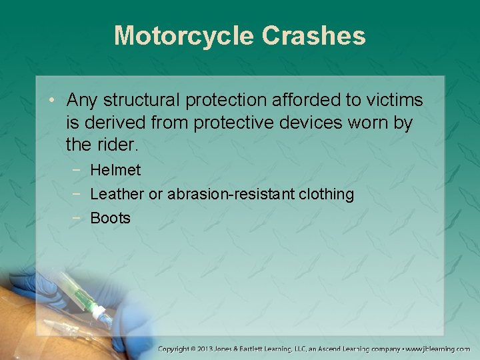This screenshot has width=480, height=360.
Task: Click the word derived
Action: tap(113, 123)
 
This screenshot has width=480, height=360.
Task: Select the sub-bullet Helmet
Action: tap(115, 170)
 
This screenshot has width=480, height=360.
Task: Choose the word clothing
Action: tap(327, 194)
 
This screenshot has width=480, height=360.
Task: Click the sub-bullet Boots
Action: tap(110, 218)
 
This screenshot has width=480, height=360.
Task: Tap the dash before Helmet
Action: tap(78, 170)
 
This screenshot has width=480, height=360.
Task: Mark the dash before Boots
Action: tap(78, 218)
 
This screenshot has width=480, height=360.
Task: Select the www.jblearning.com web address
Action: tap(438, 349)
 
